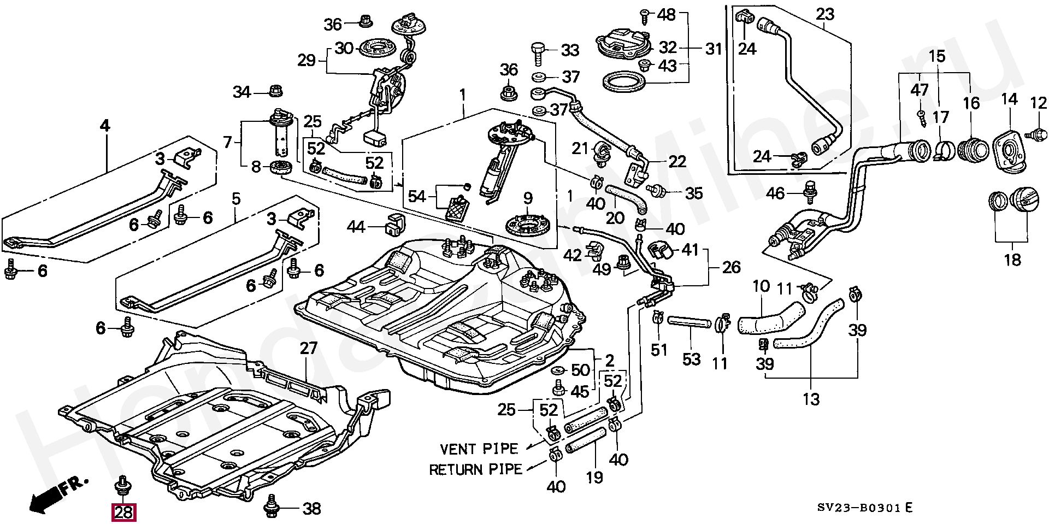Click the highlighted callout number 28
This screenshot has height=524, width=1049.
pyautogui.click(x=124, y=512)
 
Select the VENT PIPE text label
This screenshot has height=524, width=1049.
pyautogui.click(x=479, y=449)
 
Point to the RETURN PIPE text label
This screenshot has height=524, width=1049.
pyautogui.click(x=475, y=469)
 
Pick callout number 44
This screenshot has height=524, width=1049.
pyautogui.click(x=356, y=226)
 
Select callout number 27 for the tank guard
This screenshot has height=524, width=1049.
pyautogui.click(x=309, y=348)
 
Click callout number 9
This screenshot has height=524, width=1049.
pyautogui.click(x=527, y=198)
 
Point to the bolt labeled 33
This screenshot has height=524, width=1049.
pyautogui.click(x=537, y=51)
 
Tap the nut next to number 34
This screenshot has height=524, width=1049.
pyautogui.click(x=274, y=91)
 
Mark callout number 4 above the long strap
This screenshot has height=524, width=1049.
pyautogui.click(x=104, y=126)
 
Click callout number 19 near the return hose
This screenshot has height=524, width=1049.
pyautogui.click(x=594, y=477)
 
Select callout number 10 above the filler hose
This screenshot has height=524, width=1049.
pyautogui.click(x=761, y=286)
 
